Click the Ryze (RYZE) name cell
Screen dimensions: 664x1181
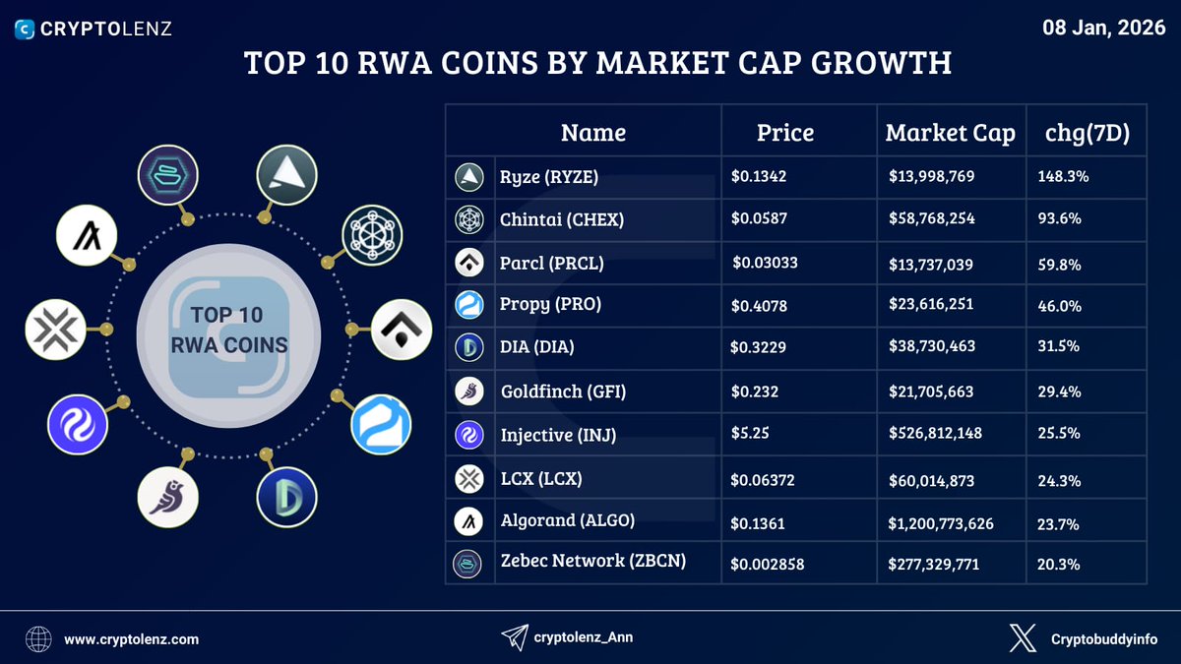[549, 178]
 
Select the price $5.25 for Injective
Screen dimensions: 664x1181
[748, 434]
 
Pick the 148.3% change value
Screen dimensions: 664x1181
[1063, 178]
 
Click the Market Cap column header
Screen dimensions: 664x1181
[950, 133]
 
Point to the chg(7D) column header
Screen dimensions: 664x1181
[1087, 133]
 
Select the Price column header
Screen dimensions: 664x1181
[784, 133]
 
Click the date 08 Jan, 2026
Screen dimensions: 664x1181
[1104, 28]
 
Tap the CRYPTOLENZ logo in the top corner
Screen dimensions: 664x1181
[93, 29]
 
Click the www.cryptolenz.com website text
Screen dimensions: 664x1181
[132, 639]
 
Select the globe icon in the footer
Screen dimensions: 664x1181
[38, 639]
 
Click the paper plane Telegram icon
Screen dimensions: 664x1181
[515, 637]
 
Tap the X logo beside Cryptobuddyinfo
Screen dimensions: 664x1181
[1023, 639]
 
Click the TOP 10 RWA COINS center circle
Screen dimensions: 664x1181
[227, 331]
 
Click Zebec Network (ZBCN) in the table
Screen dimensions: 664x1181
[591, 561]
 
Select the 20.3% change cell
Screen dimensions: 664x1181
[1059, 565]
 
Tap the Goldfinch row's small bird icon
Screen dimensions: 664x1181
[468, 392]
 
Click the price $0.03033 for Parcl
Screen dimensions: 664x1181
[766, 264]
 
